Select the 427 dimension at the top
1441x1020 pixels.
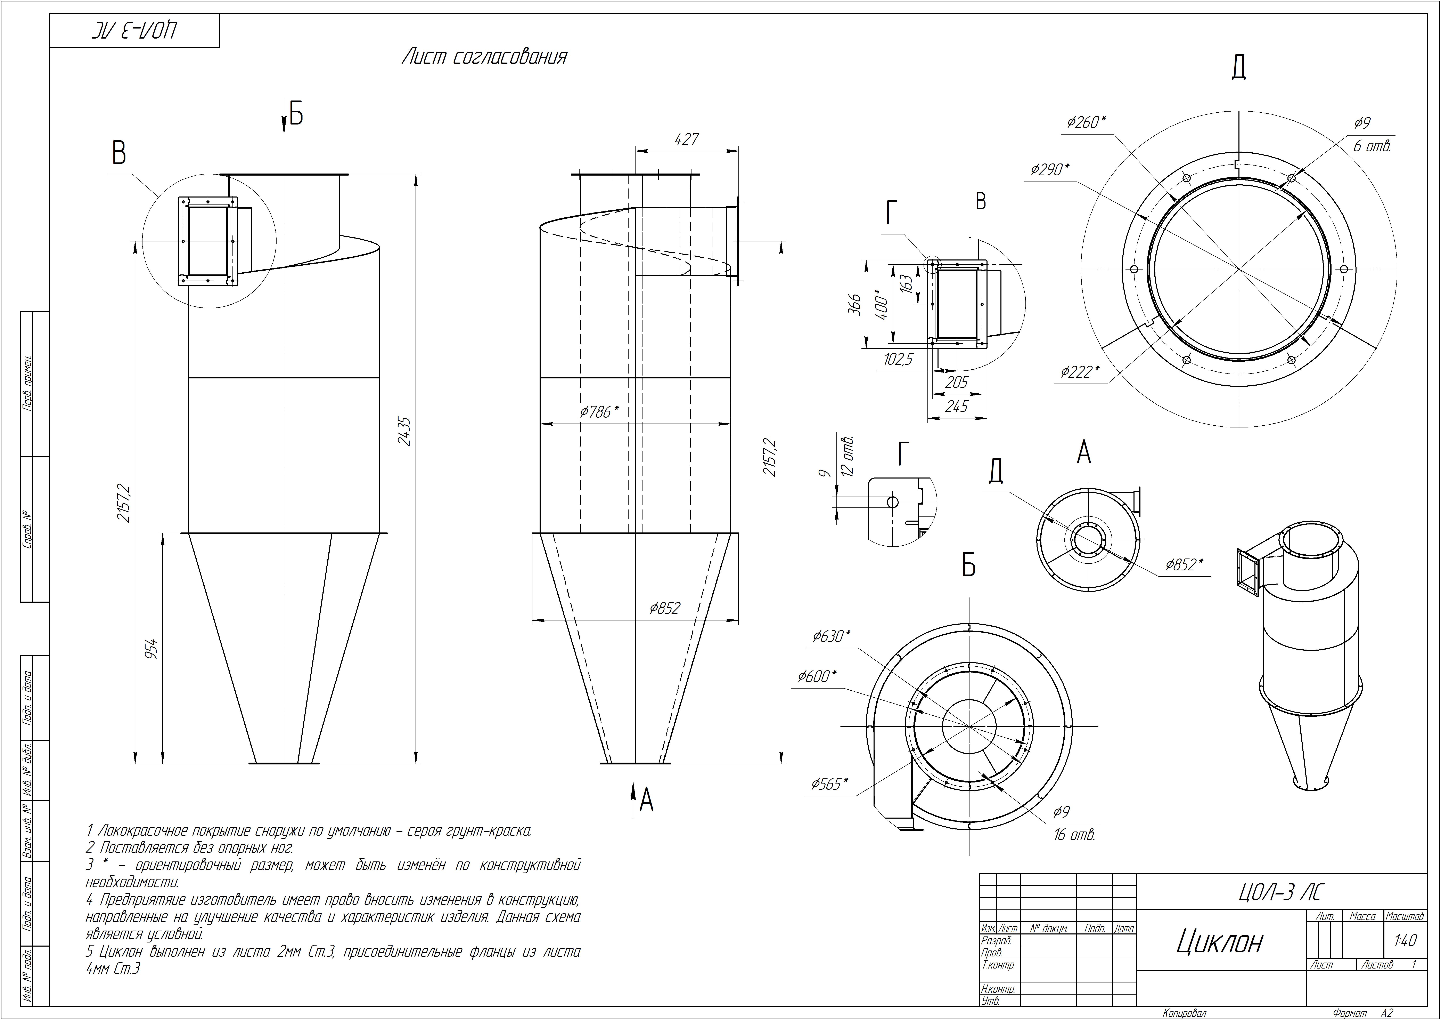tap(687, 139)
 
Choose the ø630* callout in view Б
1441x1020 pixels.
tap(832, 636)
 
